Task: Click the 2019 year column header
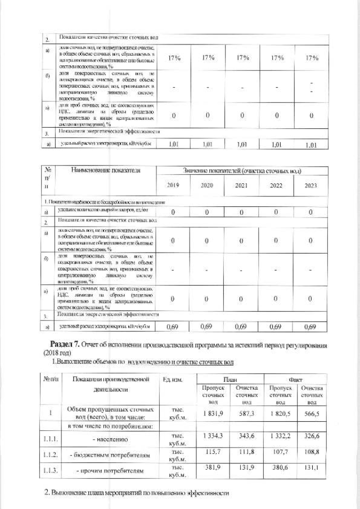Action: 173,185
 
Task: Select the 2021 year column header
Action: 242,185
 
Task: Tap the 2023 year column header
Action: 310,185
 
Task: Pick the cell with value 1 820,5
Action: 281,413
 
